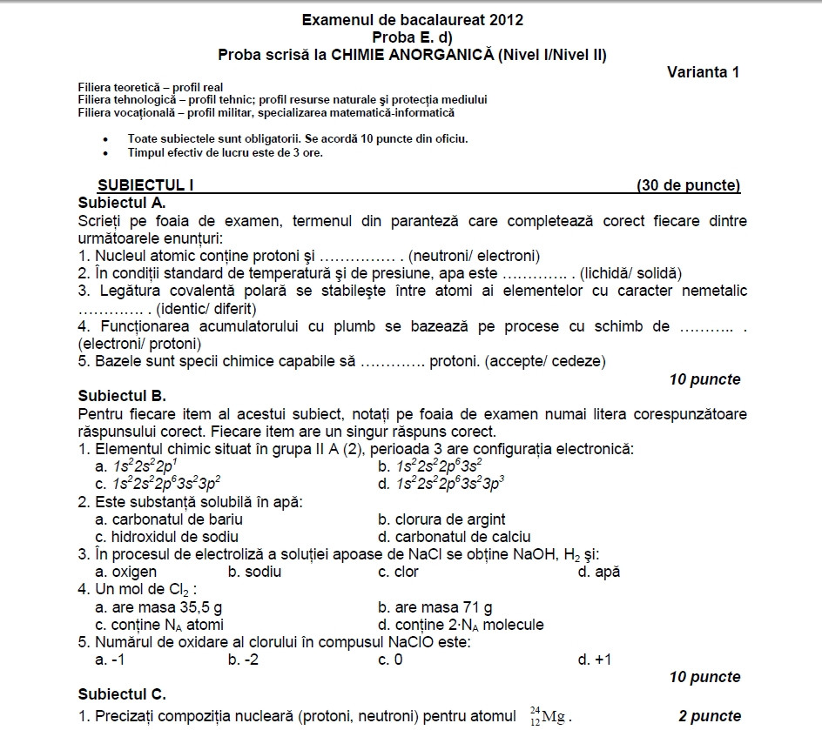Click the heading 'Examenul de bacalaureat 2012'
pyautogui.click(x=412, y=19)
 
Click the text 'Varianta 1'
pyautogui.click(x=703, y=72)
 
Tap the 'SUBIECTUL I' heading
pyautogui.click(x=145, y=185)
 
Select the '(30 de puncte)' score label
pyautogui.click(x=688, y=185)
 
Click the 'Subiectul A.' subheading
pyautogui.click(x=121, y=202)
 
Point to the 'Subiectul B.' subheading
pyautogui.click(x=122, y=396)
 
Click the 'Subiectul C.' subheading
pyautogui.click(x=122, y=694)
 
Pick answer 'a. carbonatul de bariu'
pyautogui.click(x=169, y=519)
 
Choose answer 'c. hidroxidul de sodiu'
pyautogui.click(x=166, y=537)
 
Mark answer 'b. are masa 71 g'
pyautogui.click(x=435, y=607)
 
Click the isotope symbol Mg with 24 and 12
pyautogui.click(x=548, y=716)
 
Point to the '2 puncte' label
pyautogui.click(x=710, y=716)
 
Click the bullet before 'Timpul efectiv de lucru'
pyautogui.click(x=105, y=153)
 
